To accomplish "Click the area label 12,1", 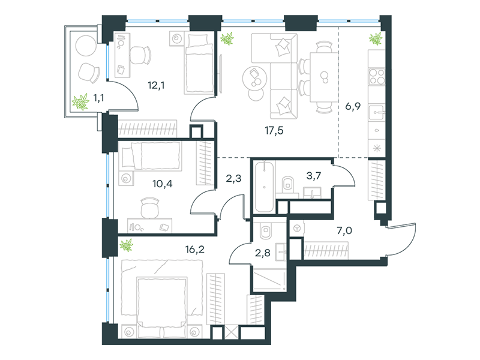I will [156, 85].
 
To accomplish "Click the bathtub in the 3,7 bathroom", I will [265, 186].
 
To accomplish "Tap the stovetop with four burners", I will [376, 77].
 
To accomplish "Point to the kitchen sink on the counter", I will [376, 111].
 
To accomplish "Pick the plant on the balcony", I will [80, 103].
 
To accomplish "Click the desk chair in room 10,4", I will [149, 208].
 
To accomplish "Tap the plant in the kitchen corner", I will [376, 40].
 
